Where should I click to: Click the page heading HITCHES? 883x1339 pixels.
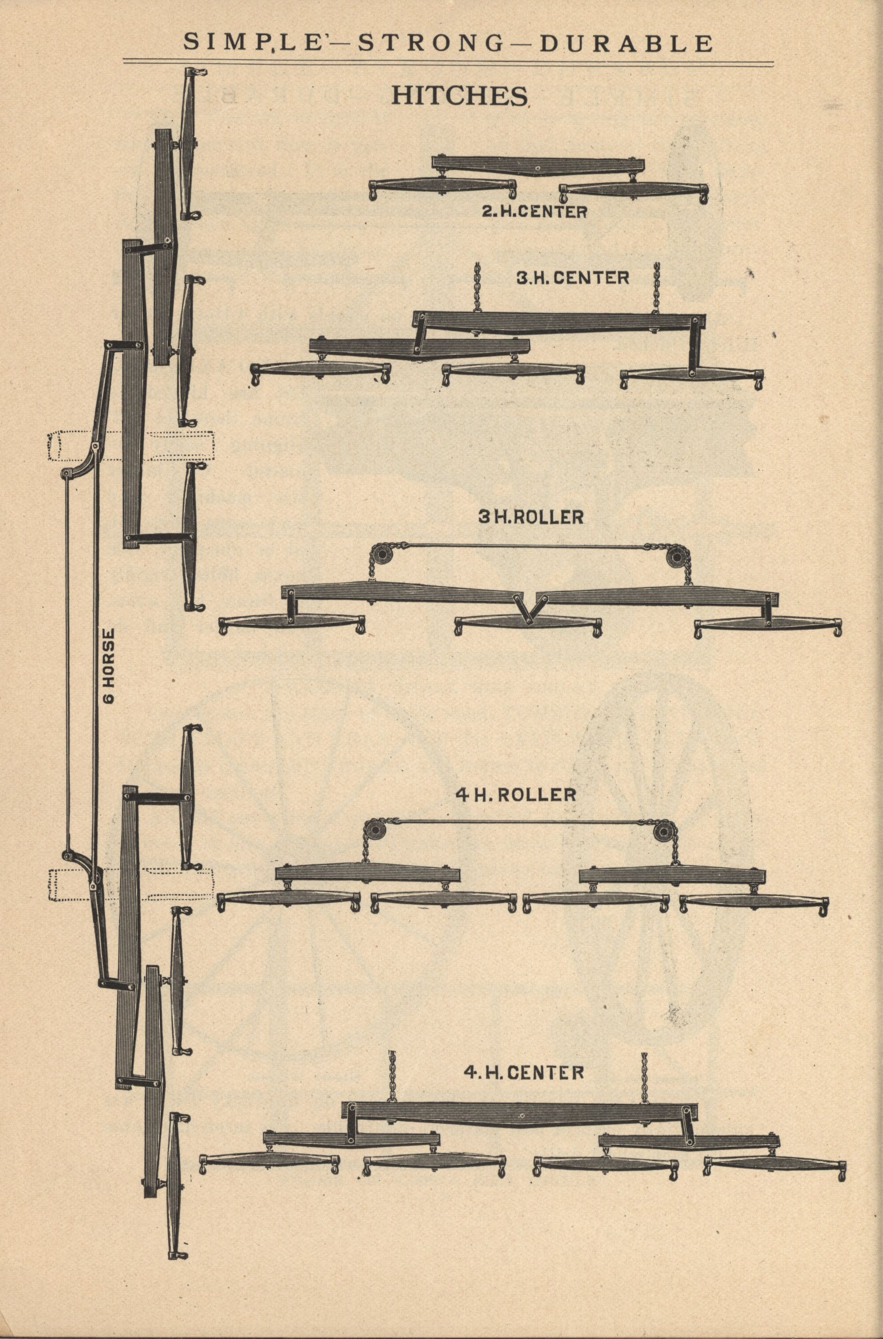pyautogui.click(x=459, y=95)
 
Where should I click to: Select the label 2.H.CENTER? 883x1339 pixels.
pyautogui.click(x=534, y=212)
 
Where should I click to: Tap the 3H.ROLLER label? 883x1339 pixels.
pyautogui.click(x=531, y=518)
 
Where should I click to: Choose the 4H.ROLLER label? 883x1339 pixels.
pyautogui.click(x=523, y=795)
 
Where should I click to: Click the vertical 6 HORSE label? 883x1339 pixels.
pyautogui.click(x=109, y=665)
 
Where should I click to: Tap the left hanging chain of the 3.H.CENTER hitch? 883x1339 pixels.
pyautogui.click(x=478, y=287)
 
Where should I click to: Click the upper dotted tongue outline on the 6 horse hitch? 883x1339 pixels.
pyautogui.click(x=132, y=446)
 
